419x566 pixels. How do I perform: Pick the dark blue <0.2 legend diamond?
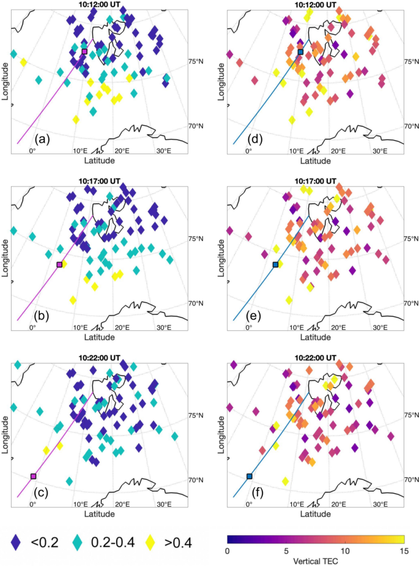click(17, 541)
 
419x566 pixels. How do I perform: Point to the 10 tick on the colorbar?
click(345, 551)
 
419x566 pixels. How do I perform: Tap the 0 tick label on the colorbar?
click(228, 551)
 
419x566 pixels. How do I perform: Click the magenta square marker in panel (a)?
click(84, 51)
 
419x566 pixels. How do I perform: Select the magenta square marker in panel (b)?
click(59, 264)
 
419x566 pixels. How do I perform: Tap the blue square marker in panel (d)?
click(300, 52)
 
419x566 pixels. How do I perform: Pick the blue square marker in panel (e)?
click(275, 264)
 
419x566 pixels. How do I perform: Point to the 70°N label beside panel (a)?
click(195, 126)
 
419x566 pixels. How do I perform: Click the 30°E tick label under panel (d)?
click(379, 151)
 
